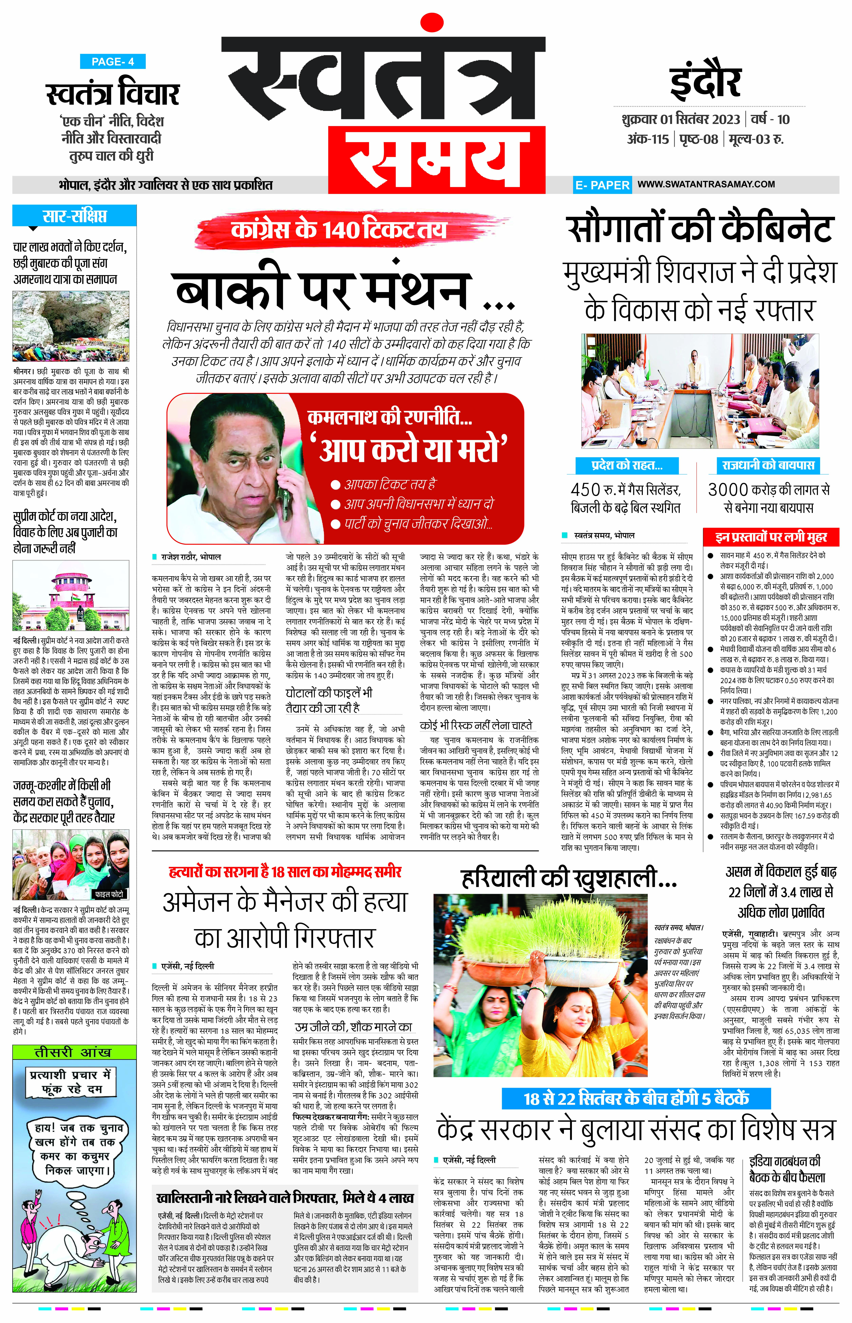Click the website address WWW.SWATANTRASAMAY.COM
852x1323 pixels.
pos(705,184)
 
